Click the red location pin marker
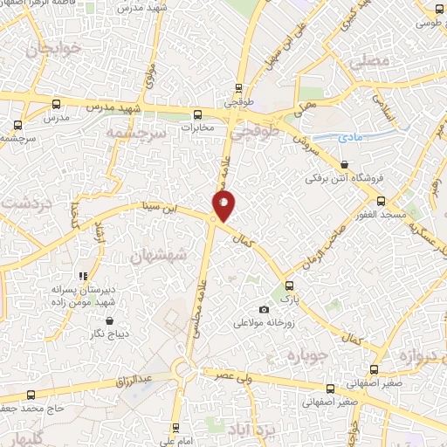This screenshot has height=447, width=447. point(223,206)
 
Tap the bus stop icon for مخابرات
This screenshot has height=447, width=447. point(197,113)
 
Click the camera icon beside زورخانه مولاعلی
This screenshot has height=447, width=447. point(264,310)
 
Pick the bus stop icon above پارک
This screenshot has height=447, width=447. point(289,285)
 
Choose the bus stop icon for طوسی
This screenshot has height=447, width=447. point(430,9)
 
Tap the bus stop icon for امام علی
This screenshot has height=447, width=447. point(175,427)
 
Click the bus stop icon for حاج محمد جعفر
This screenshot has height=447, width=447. point(32,395)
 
